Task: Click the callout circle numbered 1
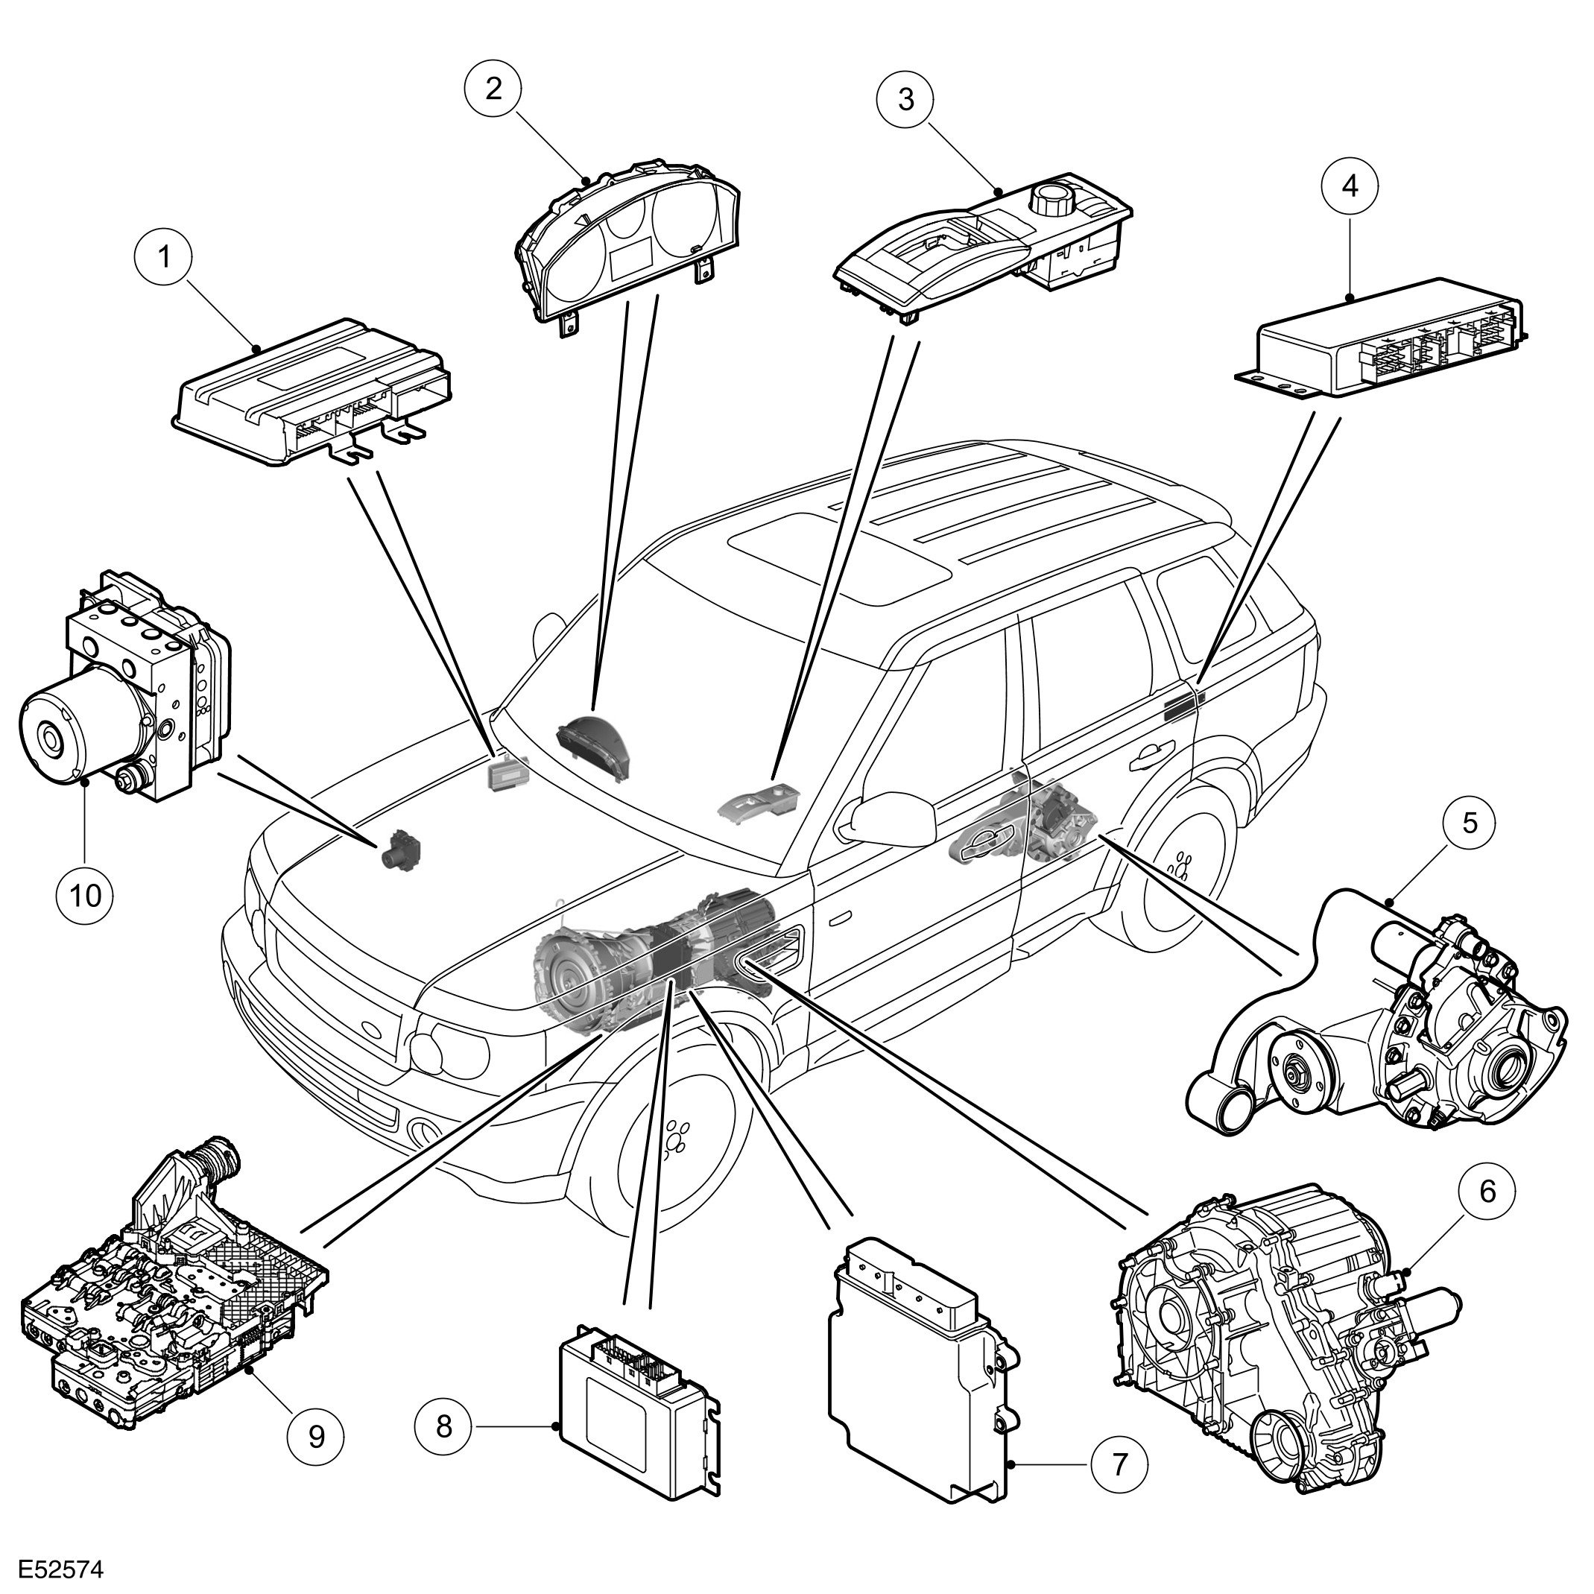click(163, 256)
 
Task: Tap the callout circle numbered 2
click(493, 88)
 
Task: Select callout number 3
click(906, 100)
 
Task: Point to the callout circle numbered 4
click(1349, 186)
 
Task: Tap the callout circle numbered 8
click(444, 1425)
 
